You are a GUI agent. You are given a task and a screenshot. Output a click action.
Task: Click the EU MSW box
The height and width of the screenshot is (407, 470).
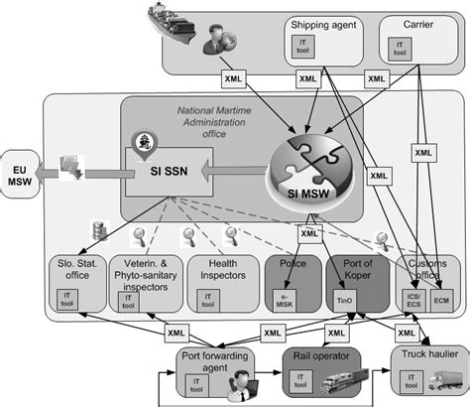pyautogui.click(x=21, y=171)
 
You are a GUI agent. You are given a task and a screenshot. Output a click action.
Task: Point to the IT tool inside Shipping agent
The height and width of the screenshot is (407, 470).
pyautogui.click(x=300, y=46)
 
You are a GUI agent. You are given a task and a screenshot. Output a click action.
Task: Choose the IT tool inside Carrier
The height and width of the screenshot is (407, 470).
pyautogui.click(x=399, y=47)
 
